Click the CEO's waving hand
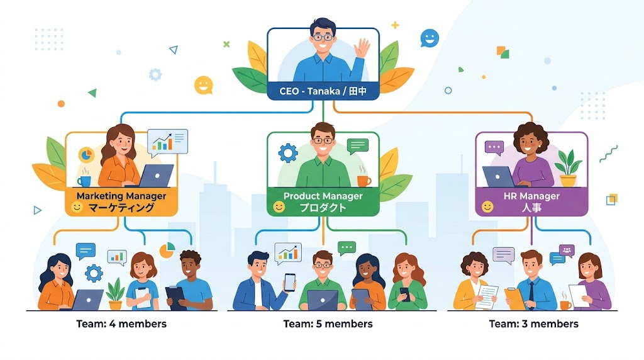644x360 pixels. coord(362,48)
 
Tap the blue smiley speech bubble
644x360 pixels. coord(430,38)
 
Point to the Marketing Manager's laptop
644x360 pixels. coord(155,176)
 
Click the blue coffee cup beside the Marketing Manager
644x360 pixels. coord(84,181)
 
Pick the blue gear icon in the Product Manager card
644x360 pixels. coord(288,154)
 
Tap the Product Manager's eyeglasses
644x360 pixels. coord(323,140)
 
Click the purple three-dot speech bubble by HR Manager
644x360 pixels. coord(494,148)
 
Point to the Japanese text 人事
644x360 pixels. coord(531,208)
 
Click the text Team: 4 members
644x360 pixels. coord(121,324)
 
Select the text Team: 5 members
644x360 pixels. coord(328,324)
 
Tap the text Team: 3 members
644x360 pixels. coord(533,324)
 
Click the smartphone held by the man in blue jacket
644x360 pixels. coord(290,283)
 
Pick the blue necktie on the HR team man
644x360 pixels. coord(531,295)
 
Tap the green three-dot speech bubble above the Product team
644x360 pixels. coord(347,248)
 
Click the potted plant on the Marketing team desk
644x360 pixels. coord(116,295)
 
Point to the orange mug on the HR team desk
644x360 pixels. coord(565,305)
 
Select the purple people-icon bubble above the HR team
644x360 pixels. coord(567,250)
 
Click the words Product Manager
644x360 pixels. coord(323,196)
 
